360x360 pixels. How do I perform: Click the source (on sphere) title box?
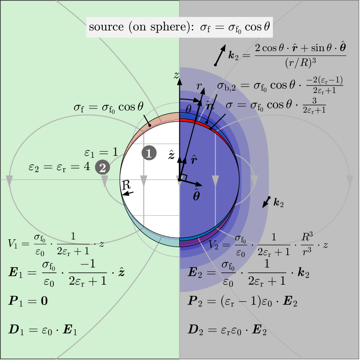pos(179,27)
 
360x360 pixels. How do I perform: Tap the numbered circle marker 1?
pos(149,153)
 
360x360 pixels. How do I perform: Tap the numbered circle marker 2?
pos(102,167)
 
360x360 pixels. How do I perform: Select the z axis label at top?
pos(177,76)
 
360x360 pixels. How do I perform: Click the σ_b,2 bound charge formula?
pos(280,85)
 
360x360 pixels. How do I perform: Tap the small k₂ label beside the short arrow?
pos(278,203)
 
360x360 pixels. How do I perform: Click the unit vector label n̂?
pos(210,106)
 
